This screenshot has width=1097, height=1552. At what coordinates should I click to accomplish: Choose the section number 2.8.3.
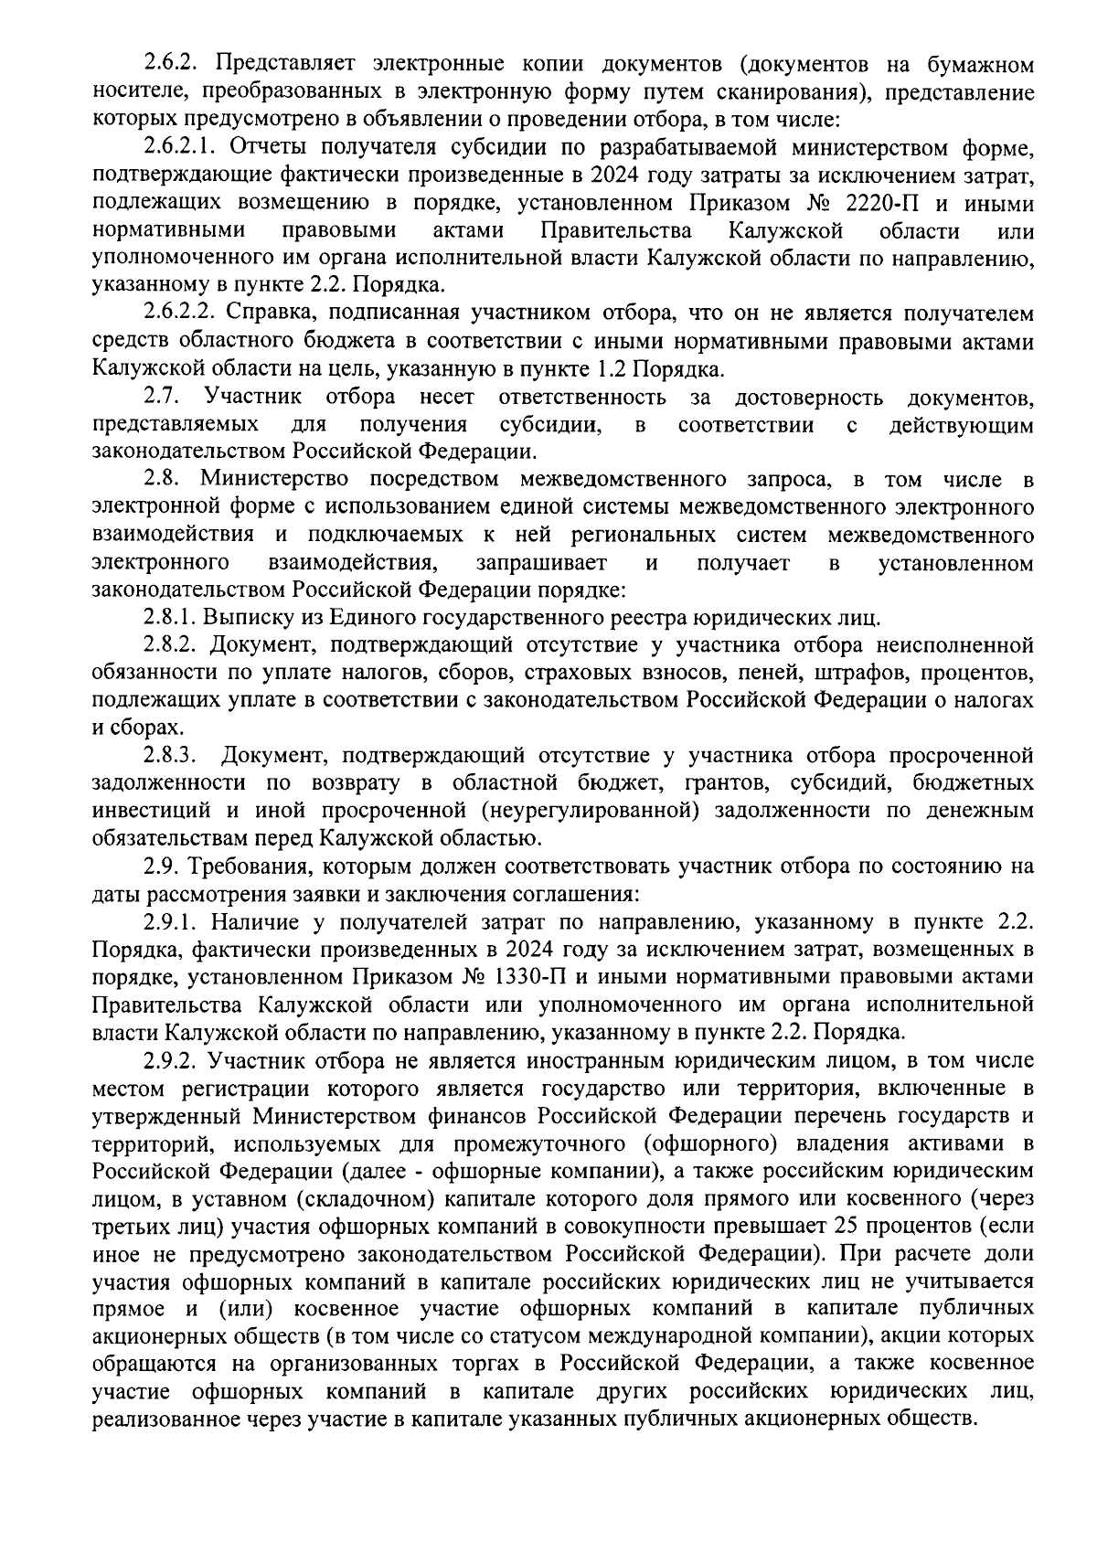(170, 756)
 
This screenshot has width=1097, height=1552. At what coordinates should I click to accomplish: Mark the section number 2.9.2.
(170, 1061)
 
